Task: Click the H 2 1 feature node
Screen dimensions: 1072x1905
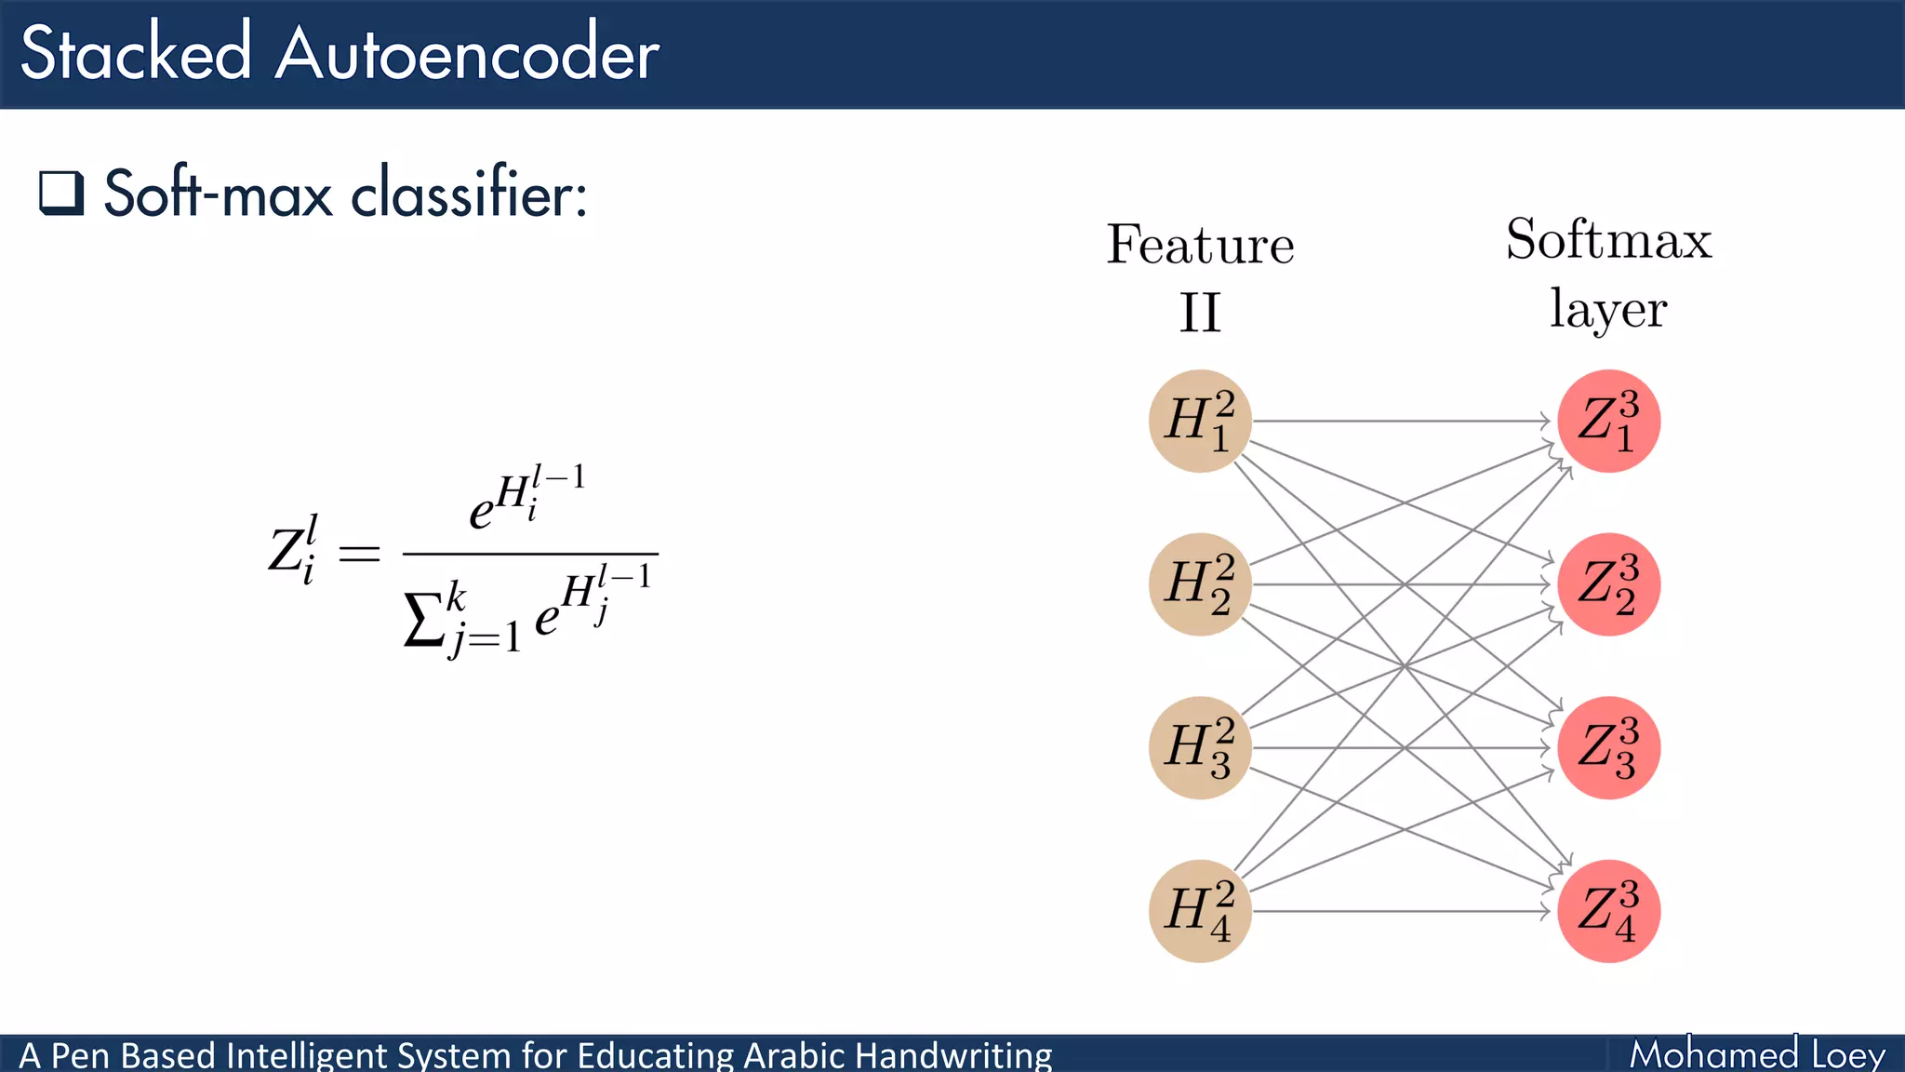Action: (x=1200, y=421)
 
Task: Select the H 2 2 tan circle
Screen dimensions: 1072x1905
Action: (x=1200, y=584)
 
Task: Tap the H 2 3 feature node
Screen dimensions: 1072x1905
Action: (x=1200, y=747)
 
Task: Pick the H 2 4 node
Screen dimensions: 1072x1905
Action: (x=1200, y=911)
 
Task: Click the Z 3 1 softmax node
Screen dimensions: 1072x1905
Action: (x=1608, y=421)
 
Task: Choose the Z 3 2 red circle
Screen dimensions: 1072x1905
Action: (x=1608, y=584)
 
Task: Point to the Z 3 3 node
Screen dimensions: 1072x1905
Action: (x=1608, y=747)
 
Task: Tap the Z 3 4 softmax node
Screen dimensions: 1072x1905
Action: (x=1608, y=911)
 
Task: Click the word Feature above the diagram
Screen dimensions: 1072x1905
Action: (x=1200, y=245)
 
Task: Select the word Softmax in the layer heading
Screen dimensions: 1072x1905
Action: (x=1608, y=239)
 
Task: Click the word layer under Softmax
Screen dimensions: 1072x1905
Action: (x=1608, y=310)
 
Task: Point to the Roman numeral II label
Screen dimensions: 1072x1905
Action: (x=1200, y=313)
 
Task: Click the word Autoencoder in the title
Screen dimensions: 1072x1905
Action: (x=467, y=54)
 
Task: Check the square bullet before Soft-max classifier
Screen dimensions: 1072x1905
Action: (x=61, y=193)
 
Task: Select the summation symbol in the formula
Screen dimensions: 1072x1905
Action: (x=422, y=619)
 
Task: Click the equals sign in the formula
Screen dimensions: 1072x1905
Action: (x=359, y=554)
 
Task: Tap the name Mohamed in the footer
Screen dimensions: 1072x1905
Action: (x=1713, y=1054)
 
